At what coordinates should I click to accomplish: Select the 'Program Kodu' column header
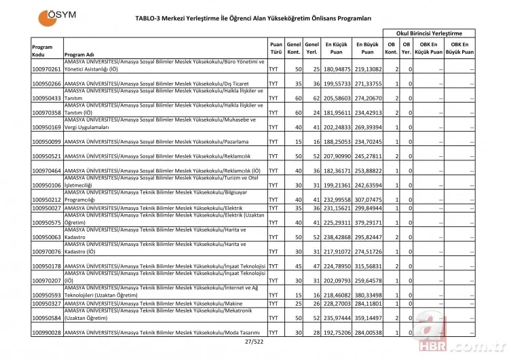coord(42,50)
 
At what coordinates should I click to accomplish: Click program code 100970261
coord(47,69)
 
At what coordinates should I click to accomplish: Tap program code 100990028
coord(47,332)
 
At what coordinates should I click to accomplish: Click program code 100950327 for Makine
coord(47,303)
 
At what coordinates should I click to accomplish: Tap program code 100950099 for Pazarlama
coord(47,141)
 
